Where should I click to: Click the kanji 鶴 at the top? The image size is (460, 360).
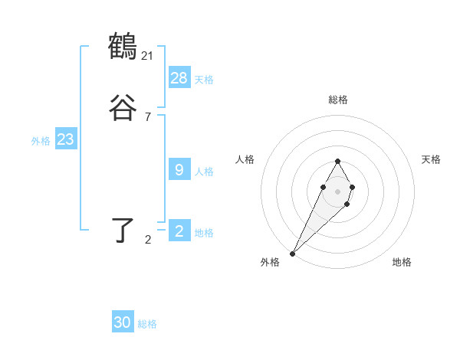[x=123, y=47]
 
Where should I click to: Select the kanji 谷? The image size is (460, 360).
[x=123, y=108]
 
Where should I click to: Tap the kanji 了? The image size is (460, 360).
[x=123, y=230]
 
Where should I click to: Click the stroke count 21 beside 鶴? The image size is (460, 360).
[x=148, y=55]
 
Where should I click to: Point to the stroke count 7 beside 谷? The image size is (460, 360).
[x=148, y=117]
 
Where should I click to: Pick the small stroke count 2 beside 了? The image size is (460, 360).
[x=148, y=240]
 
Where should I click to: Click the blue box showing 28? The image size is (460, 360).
[x=179, y=77]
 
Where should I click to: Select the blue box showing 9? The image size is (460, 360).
[x=179, y=170]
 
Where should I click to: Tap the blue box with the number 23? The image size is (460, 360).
[x=65, y=139]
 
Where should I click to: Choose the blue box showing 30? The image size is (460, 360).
[x=123, y=323]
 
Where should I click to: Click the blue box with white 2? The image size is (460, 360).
[x=179, y=231]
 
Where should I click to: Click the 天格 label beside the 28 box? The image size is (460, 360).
[x=204, y=79]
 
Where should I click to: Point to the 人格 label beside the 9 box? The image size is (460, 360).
[x=204, y=172]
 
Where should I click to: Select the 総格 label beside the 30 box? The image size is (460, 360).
[x=147, y=325]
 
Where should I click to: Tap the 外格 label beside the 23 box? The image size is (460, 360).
[x=41, y=141]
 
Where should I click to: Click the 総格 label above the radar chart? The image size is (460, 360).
[x=338, y=100]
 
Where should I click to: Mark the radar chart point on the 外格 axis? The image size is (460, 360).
[x=292, y=254]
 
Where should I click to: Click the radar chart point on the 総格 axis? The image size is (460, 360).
[x=337, y=161]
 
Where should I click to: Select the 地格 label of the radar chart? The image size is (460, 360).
[x=402, y=262]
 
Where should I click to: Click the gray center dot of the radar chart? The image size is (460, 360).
[x=337, y=190]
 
